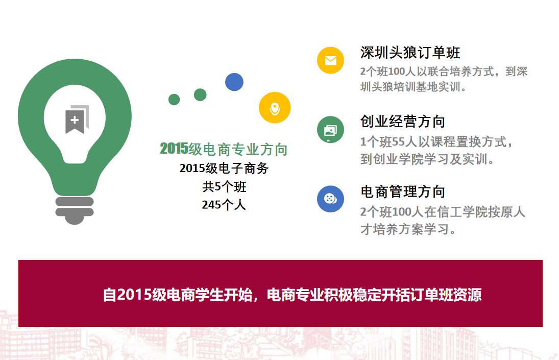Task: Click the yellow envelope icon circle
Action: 330,60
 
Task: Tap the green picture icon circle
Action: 330,129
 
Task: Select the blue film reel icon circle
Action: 330,199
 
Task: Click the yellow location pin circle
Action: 275,108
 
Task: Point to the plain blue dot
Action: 234,82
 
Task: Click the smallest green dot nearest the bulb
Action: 174,100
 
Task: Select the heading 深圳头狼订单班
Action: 410,53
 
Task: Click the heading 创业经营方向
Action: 403,122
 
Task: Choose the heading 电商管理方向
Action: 403,192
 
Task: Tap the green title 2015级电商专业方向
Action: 224,149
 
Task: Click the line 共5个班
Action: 224,186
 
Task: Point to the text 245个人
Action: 224,205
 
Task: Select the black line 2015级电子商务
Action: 224,168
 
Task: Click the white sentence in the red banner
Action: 292,295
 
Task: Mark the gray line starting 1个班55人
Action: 436,142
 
